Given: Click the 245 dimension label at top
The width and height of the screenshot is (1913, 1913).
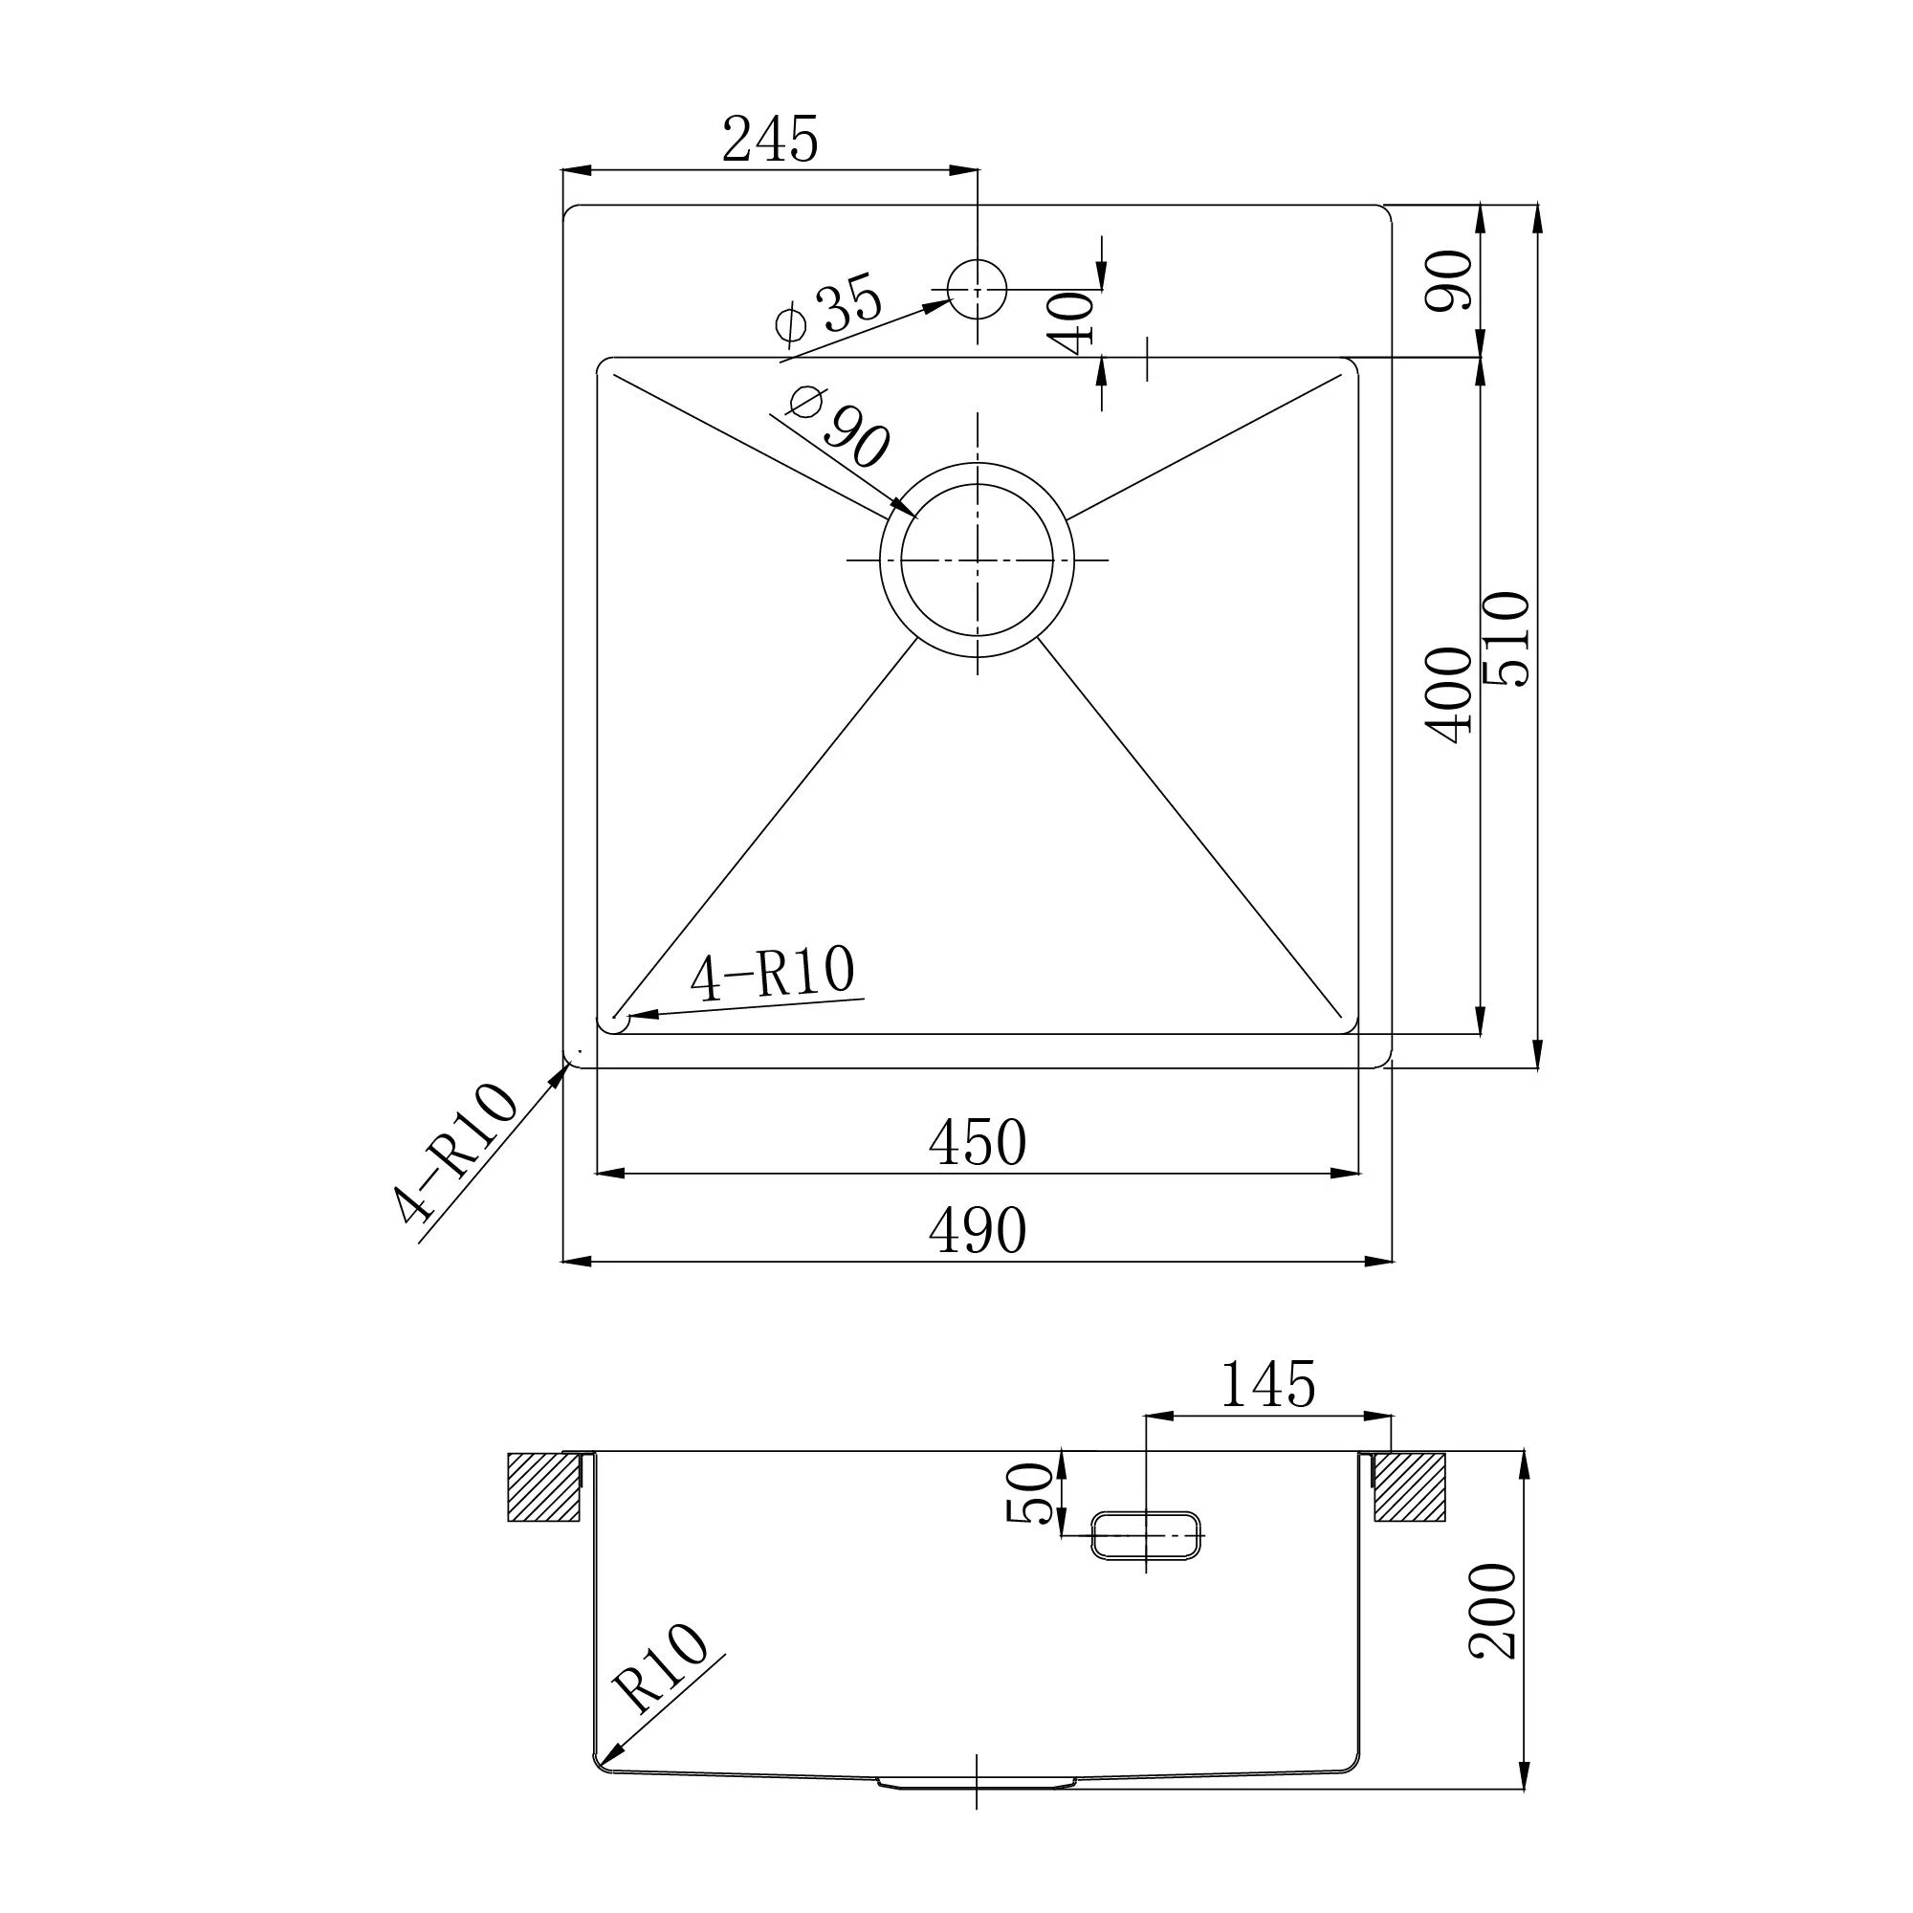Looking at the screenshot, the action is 769,139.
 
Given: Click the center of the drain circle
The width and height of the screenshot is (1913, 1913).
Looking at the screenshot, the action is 978,561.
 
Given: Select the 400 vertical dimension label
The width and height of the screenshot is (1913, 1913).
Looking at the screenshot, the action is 1448,695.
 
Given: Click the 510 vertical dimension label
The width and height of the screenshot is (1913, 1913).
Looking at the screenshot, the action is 1506,639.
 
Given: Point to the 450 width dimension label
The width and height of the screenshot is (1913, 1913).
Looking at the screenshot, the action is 978,1143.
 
